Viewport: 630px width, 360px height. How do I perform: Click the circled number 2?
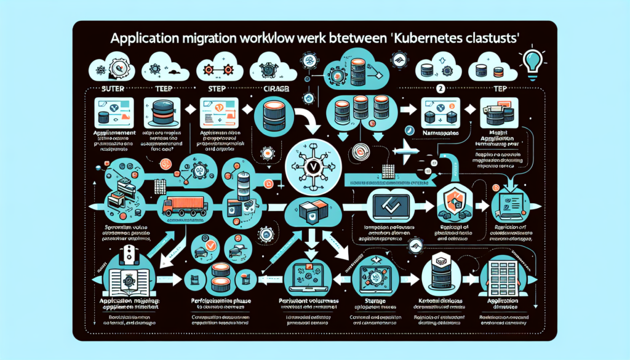pos(440,88)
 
